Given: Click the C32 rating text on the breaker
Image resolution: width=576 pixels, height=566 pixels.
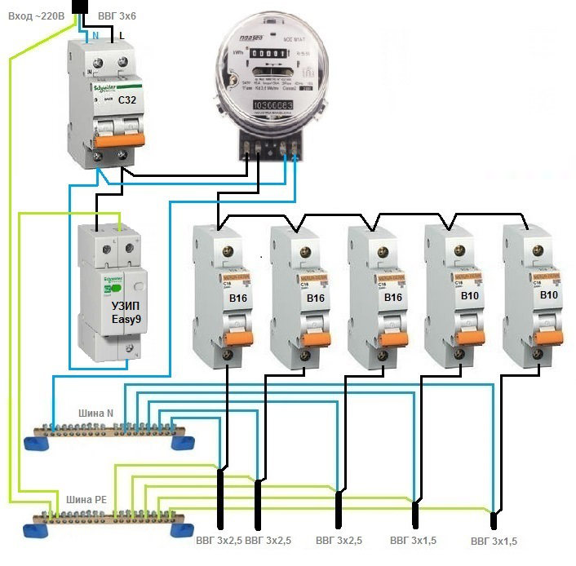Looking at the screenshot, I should point(127,99).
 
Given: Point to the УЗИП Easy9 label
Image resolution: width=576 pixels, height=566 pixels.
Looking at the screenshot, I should point(126,313).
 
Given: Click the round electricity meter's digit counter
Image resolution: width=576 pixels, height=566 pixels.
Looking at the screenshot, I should point(268,53).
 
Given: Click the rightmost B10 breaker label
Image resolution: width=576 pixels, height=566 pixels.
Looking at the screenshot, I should point(549,295).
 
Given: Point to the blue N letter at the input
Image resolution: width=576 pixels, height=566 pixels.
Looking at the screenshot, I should point(95,35).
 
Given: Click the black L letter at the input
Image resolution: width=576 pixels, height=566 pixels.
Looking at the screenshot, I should point(122,35).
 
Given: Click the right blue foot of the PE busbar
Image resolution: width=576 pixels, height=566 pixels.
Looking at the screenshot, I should point(179,528).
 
